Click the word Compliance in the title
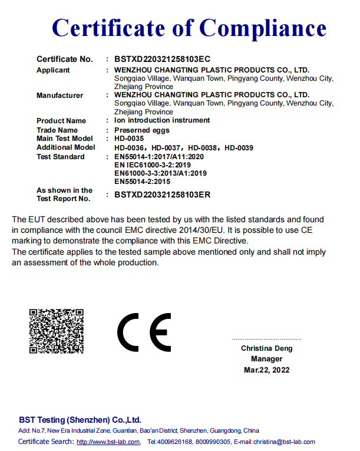(x=263, y=28)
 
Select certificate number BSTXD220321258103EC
(x=163, y=59)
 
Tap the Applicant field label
(x=53, y=70)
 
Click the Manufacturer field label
(x=60, y=96)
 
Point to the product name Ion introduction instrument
(x=161, y=120)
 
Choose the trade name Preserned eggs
(x=141, y=130)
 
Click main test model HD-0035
(x=129, y=139)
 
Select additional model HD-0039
(x=239, y=147)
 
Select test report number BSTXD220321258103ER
(x=163, y=194)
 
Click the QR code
(x=57, y=331)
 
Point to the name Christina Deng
(x=266, y=348)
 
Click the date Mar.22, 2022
(x=266, y=370)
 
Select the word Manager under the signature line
(x=266, y=359)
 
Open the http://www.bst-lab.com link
(x=108, y=442)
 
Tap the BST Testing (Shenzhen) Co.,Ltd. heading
(x=80, y=420)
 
